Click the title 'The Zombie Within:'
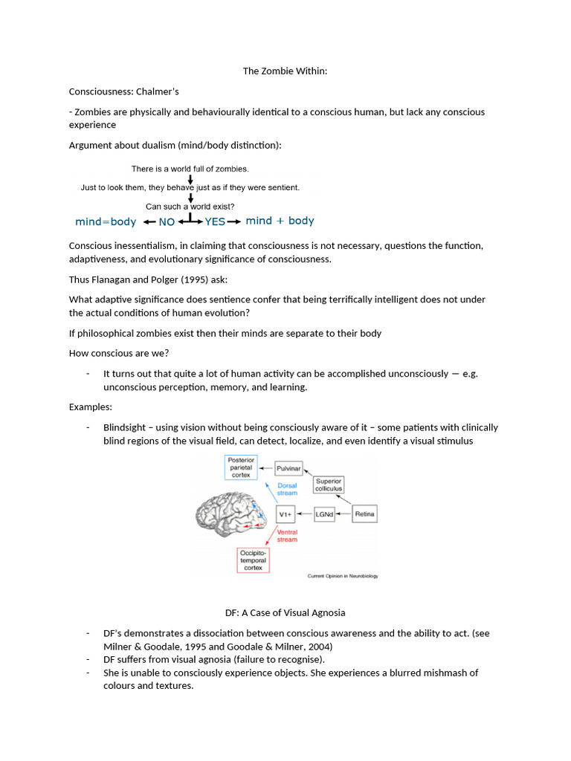click(285, 71)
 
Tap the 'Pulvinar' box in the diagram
click(288, 469)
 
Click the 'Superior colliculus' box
click(329, 485)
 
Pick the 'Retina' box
click(364, 514)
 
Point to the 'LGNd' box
click(323, 514)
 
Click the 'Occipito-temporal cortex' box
click(253, 560)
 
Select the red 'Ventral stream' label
click(287, 536)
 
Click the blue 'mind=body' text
click(106, 221)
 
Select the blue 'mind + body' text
click(280, 221)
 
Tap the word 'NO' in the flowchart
click(167, 221)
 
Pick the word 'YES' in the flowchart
click(215, 221)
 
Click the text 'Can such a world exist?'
click(191, 207)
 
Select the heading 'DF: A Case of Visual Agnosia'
click(285, 613)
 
